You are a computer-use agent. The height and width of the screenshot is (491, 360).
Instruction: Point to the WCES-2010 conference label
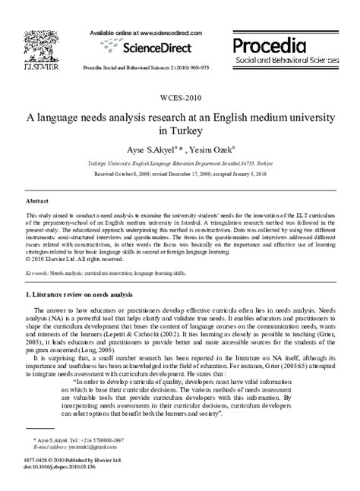pos(179,98)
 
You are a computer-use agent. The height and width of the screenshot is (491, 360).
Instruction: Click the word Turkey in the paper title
pos(179,130)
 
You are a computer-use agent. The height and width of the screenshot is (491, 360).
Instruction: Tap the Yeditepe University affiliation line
pos(179,162)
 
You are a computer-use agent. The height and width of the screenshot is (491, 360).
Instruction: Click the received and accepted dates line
pos(179,173)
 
